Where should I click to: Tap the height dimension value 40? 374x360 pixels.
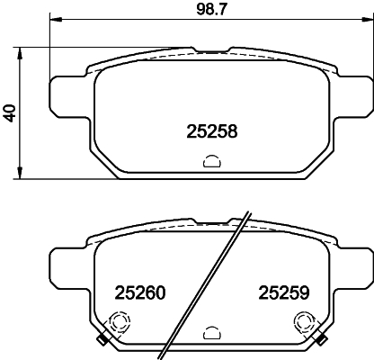point(10,113)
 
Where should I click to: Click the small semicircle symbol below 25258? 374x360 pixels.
point(211,162)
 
